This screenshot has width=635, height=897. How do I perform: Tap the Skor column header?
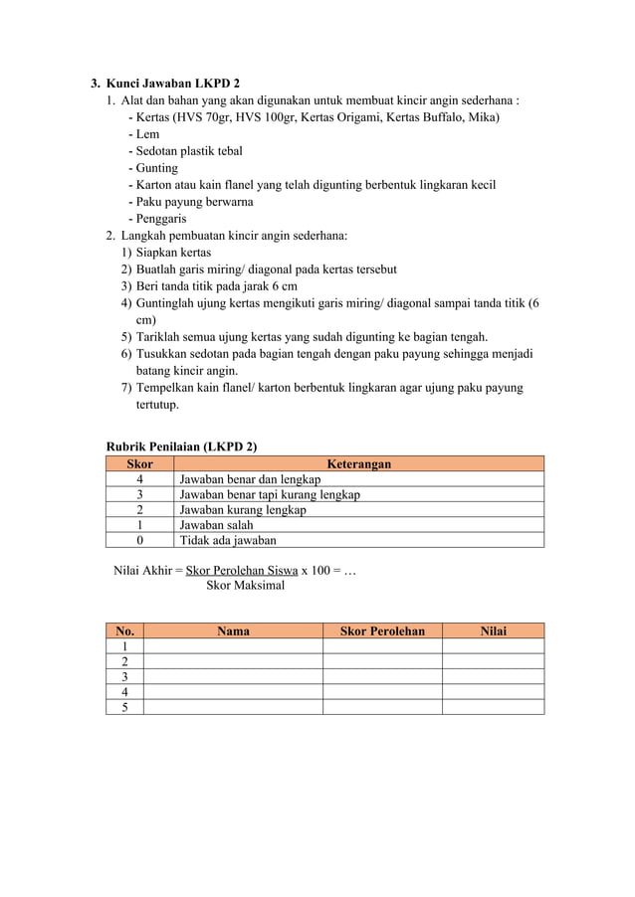click(x=139, y=463)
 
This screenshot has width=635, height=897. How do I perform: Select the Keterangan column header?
click(x=358, y=463)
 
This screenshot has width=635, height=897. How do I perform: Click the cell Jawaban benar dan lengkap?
click(x=242, y=479)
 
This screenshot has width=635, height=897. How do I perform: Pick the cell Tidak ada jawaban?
click(x=227, y=540)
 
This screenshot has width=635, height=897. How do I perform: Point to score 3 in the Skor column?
click(x=139, y=494)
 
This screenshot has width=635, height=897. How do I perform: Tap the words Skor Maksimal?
click(x=245, y=586)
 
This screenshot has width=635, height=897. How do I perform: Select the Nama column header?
click(x=233, y=630)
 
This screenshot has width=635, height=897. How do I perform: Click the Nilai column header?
click(x=493, y=630)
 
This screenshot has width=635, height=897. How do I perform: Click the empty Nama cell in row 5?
click(x=233, y=707)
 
